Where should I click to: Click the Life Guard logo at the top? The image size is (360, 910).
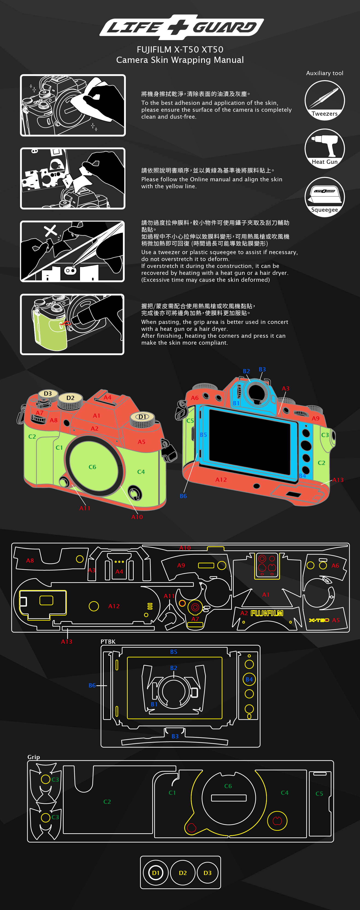181,27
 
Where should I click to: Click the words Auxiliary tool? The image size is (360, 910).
324,73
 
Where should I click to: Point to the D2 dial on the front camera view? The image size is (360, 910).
70,398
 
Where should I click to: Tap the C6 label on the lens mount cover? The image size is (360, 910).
92,467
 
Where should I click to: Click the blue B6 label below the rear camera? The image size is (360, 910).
183,496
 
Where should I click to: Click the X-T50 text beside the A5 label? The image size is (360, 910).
319,620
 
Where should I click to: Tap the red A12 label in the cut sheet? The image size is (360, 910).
114,606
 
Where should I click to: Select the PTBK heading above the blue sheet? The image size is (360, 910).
108,642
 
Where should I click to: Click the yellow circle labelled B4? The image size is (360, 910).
249,679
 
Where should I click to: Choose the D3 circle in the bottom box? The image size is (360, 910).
207,873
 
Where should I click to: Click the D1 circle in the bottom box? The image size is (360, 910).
155,873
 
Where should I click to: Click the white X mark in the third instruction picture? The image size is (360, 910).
50,231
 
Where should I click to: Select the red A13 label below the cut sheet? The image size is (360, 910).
66,642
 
